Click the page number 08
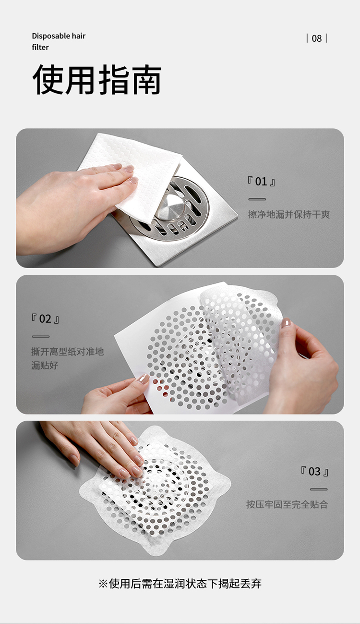(317, 38)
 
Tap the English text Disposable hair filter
(59, 41)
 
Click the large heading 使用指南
(97, 79)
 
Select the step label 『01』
(261, 182)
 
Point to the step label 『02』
(45, 318)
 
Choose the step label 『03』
(314, 471)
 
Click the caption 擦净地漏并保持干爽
(289, 215)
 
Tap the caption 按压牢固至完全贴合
(287, 504)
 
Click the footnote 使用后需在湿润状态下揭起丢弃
(185, 584)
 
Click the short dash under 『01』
(257, 199)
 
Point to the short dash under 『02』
(41, 337)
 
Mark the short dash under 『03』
(319, 489)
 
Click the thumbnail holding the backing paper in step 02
(144, 379)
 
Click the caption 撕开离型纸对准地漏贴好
(67, 358)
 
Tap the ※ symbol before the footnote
(103, 584)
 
